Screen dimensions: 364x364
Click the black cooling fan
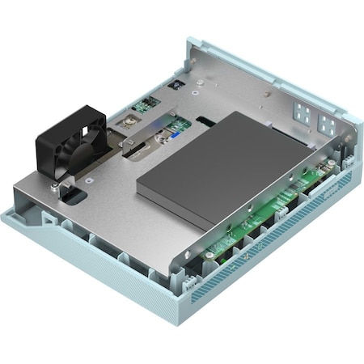click(x=70, y=146)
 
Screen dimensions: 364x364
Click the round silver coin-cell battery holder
click(x=127, y=124)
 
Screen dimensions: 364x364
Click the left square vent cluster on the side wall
click(x=302, y=112)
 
